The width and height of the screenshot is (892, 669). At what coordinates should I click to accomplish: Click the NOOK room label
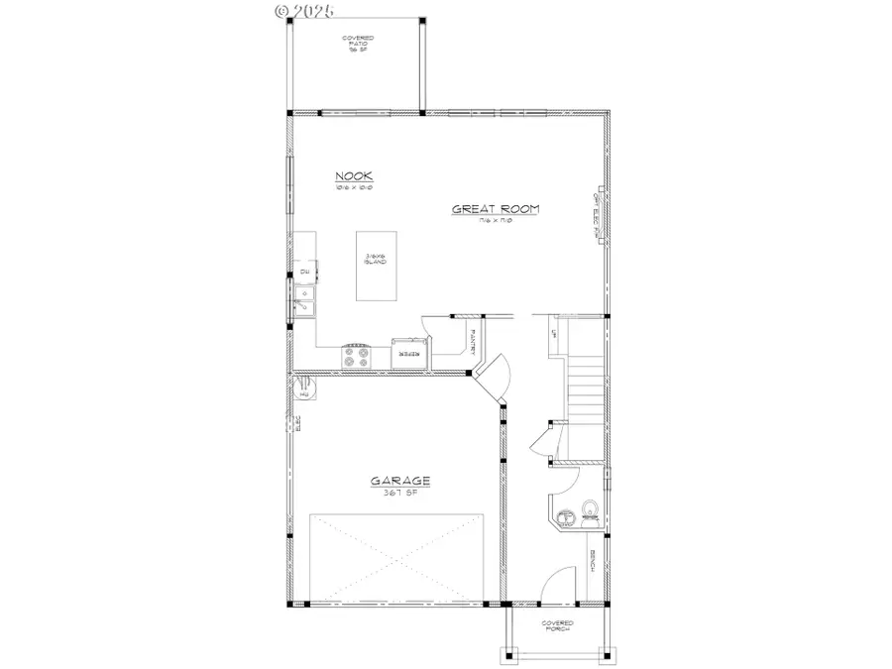tap(354, 175)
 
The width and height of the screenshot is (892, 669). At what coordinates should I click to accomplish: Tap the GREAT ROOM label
tap(501, 209)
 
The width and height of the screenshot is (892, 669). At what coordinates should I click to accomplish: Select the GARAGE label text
tap(400, 482)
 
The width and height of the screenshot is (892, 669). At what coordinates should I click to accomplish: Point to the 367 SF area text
tap(400, 493)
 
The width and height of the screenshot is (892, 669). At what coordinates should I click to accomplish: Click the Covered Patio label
tap(358, 44)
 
